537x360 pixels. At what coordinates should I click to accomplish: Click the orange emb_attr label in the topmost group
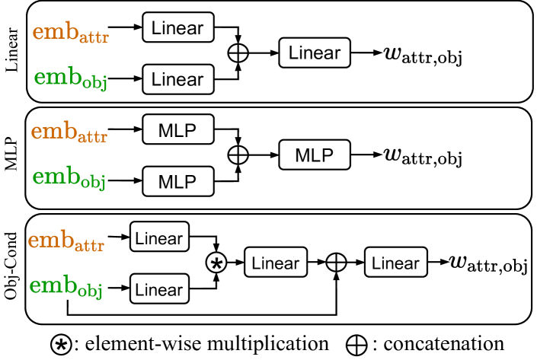pyautogui.click(x=70, y=33)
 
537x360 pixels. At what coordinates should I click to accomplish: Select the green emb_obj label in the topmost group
pyautogui.click(x=70, y=78)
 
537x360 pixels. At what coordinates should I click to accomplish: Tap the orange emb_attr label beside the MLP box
pyautogui.click(x=69, y=132)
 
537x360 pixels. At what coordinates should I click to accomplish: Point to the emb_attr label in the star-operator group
pyautogui.click(x=66, y=241)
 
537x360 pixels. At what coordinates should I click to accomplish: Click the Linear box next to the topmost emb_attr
pyautogui.click(x=177, y=28)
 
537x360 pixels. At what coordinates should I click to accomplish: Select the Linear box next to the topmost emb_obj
pyautogui.click(x=177, y=79)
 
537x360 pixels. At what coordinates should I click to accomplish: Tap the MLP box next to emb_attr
pyautogui.click(x=177, y=130)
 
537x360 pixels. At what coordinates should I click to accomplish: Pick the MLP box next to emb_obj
pyautogui.click(x=177, y=181)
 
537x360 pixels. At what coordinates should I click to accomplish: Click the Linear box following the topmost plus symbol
pyautogui.click(x=315, y=53)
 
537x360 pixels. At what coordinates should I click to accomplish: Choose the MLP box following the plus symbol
pyautogui.click(x=315, y=155)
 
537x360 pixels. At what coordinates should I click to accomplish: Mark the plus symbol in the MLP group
pyautogui.click(x=238, y=155)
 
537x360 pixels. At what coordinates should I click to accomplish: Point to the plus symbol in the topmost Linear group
pyautogui.click(x=238, y=53)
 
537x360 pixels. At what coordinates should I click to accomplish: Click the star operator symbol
pyautogui.click(x=217, y=263)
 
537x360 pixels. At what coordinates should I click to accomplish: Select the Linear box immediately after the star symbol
pyautogui.click(x=276, y=263)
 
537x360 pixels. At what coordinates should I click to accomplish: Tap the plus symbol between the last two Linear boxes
pyautogui.click(x=336, y=263)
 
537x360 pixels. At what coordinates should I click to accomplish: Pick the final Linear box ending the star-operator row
pyautogui.click(x=395, y=263)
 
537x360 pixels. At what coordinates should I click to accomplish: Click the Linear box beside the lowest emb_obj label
pyautogui.click(x=159, y=289)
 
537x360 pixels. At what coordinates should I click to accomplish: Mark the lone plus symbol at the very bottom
pyautogui.click(x=356, y=345)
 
